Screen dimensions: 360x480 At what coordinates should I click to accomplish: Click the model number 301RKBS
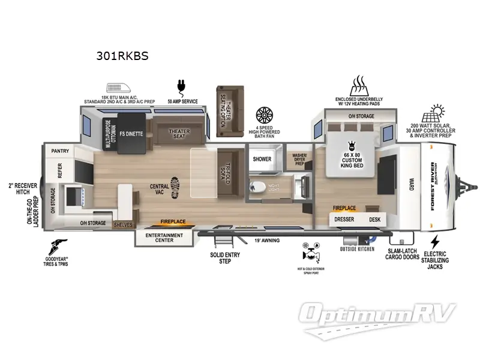pos(122,56)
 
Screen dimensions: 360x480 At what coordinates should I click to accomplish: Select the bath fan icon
pos(265,115)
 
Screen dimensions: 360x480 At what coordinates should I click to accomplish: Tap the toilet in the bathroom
pos(257,187)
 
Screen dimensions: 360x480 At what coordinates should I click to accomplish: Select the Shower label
pos(262,159)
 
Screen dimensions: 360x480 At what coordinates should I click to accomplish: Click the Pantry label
pos(61,151)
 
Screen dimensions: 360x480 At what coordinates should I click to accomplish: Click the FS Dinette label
pos(130,134)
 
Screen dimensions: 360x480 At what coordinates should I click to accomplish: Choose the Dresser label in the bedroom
pos(344,220)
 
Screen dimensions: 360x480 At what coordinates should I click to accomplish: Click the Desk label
pos(375,220)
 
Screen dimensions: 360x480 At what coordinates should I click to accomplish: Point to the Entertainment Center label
pos(164,238)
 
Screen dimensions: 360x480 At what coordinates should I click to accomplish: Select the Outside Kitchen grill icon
pos(357,238)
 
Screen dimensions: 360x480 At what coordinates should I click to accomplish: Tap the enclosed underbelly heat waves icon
pos(359,83)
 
